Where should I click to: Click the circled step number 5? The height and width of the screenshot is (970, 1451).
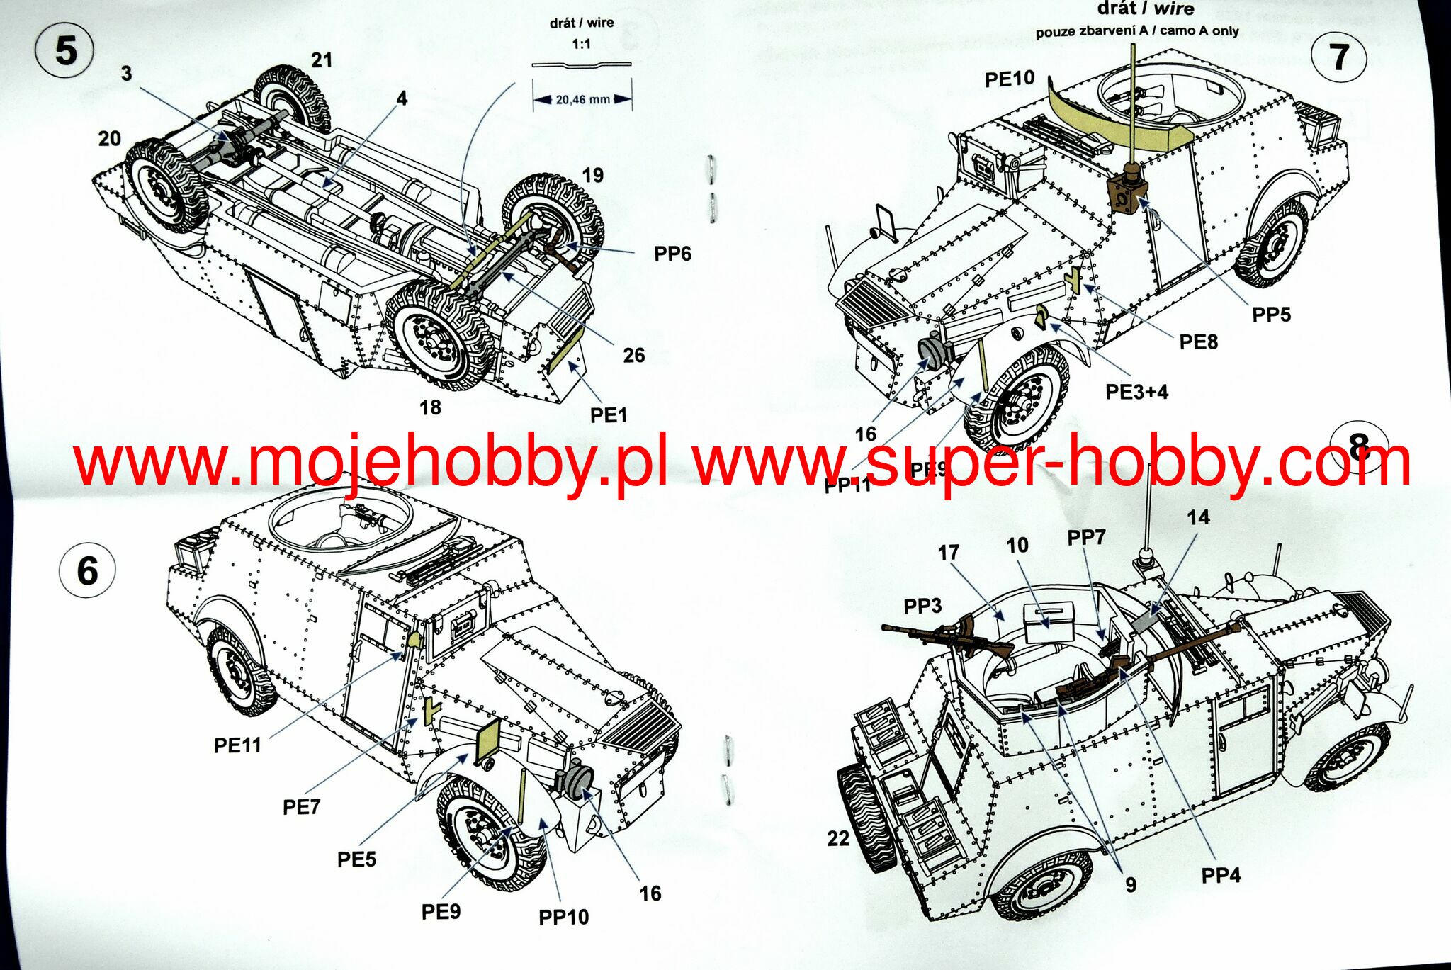[x=64, y=50]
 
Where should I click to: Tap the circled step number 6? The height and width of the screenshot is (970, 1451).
[x=86, y=570]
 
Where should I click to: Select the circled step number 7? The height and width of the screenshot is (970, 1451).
[x=1338, y=57]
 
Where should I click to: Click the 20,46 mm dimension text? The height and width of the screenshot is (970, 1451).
[x=582, y=100]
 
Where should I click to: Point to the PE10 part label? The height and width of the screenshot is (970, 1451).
[x=1009, y=79]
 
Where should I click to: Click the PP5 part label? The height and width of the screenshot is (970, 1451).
[x=1271, y=315]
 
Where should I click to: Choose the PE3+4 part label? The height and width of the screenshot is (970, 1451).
[x=1136, y=391]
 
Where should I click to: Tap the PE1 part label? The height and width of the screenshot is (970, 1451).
[x=609, y=415]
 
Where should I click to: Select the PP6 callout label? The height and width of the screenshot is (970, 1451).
[x=672, y=254]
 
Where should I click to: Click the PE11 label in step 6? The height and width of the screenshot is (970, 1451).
[x=237, y=745]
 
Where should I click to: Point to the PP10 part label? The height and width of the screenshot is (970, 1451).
[x=563, y=917]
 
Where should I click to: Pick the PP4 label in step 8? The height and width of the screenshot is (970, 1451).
[x=1221, y=876]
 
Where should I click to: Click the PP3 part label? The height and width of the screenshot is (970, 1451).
[x=922, y=606]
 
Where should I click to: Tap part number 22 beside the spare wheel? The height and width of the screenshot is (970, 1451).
[x=838, y=838]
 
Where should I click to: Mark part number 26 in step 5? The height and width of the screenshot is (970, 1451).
[x=633, y=355]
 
